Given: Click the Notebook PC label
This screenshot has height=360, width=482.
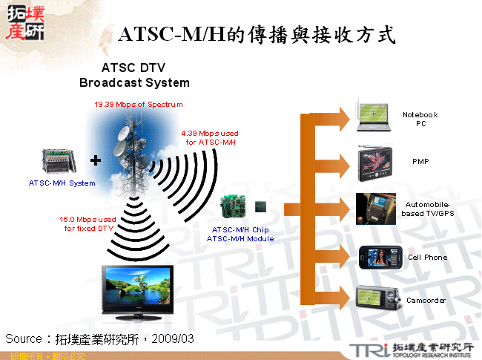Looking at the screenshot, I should pos(420,119).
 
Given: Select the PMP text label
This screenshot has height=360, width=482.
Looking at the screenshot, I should pos(420,161).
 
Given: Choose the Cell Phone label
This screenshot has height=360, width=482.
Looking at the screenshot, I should pos(427,257).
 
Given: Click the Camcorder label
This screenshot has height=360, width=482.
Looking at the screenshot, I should pos(426,300).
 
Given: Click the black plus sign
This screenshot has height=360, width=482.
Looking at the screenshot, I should pos(96,160).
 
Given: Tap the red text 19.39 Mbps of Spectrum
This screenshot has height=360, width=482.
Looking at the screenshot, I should pos(138,105).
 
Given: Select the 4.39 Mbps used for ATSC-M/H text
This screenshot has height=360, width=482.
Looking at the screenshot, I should pos(210,137).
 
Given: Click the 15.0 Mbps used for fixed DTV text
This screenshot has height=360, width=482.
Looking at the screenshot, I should pos(88,223).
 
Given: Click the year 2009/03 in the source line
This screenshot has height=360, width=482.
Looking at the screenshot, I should pos(173,338).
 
